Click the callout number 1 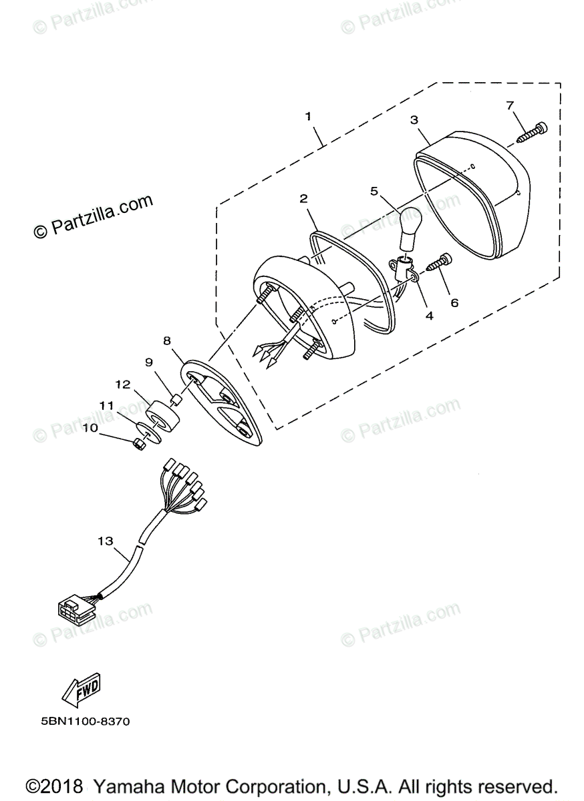308,116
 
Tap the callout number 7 510,105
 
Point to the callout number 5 375,191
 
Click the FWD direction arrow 82,689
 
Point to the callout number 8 167,340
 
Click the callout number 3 414,120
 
